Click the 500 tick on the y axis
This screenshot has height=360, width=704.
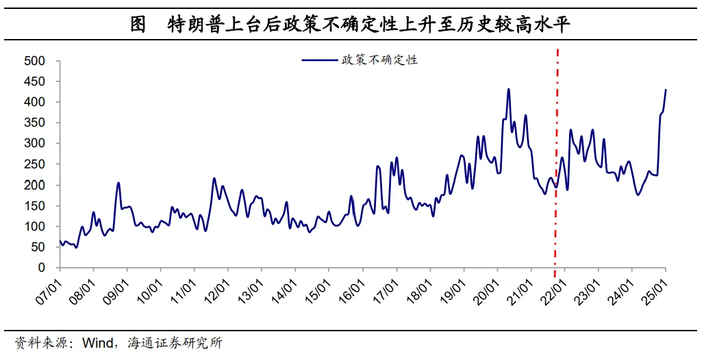tap(35, 61)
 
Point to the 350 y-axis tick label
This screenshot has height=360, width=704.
tap(35, 123)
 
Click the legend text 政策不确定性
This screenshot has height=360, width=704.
tap(379, 60)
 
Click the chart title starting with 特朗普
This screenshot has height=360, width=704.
tap(370, 25)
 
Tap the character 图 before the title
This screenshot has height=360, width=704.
tap(138, 25)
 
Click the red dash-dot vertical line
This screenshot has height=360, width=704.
tap(556, 157)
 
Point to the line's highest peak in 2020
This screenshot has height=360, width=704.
tap(508, 89)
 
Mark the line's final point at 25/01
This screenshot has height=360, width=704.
tap(666, 90)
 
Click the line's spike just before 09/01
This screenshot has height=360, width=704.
tap(118, 183)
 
